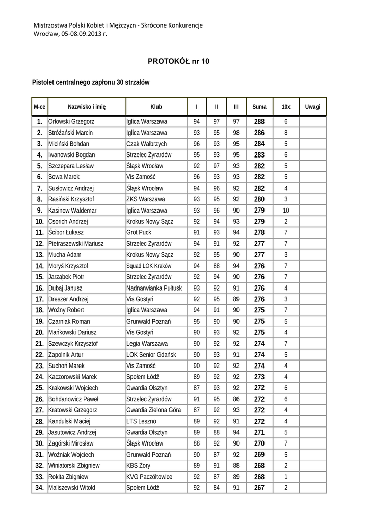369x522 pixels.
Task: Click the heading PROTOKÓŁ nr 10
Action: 178,61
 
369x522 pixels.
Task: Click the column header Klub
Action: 156,107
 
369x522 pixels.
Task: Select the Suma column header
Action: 259,107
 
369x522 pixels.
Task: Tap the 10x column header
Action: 286,107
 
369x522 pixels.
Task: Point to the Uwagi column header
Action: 312,107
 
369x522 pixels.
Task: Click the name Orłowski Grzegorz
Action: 71,122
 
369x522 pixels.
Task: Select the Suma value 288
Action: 259,122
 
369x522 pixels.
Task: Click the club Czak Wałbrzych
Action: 146,144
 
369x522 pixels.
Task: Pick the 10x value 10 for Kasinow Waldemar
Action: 286,210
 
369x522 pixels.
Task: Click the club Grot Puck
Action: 139,232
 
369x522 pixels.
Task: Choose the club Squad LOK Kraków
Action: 149,266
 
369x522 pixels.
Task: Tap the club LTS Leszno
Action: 141,421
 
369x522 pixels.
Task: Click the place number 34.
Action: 39,488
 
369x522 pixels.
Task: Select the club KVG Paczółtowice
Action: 149,477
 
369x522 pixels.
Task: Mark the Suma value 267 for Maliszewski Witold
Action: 259,488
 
